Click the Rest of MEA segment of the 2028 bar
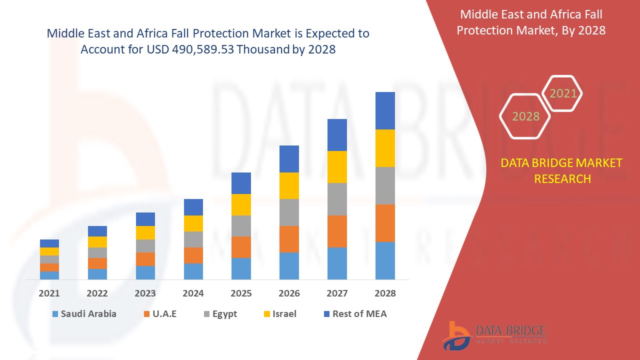pos(385,110)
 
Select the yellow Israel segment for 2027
pos(337,167)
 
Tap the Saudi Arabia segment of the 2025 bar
pos(241,268)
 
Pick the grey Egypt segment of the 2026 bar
pos(289,212)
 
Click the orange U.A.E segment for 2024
pos(193,255)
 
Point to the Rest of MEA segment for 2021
pos(49,243)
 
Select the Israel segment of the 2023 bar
pos(145,232)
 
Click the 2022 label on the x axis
pos(97,293)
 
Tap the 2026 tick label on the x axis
pos(289,293)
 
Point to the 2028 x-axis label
pos(385,293)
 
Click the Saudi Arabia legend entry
pos(83,314)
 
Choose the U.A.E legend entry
pos(159,314)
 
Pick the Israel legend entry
pos(279,314)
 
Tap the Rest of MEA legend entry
pos(355,314)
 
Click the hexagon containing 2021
pos(562,93)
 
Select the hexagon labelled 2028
pos(525,116)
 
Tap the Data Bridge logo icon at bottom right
pos(456,335)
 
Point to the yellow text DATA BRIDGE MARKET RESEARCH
pos(562,170)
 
